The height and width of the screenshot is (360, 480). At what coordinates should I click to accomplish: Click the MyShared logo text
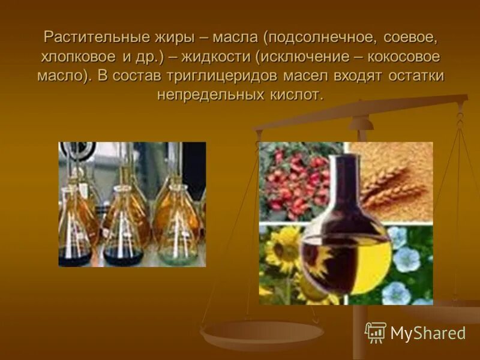tap(427, 332)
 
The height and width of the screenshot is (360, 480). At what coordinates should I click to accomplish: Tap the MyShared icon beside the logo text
tap(376, 332)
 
